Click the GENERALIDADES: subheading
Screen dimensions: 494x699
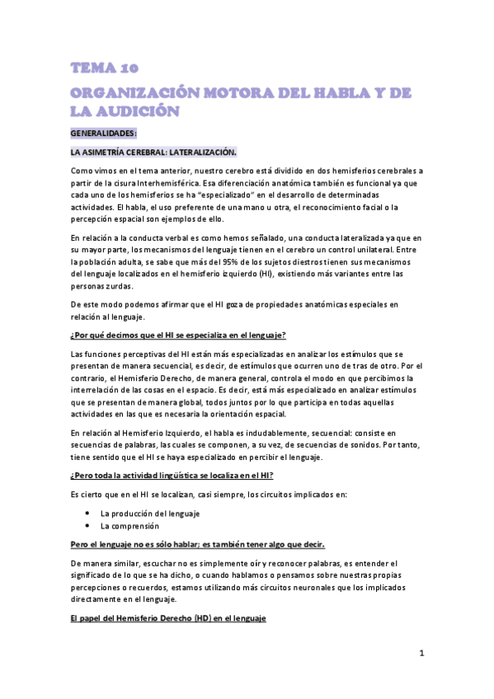pyautogui.click(x=104, y=133)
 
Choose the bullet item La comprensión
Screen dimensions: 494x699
pyautogui.click(x=129, y=525)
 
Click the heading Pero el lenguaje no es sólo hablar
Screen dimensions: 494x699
pyautogui.click(x=198, y=544)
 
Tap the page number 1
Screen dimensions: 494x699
pyautogui.click(x=421, y=654)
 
